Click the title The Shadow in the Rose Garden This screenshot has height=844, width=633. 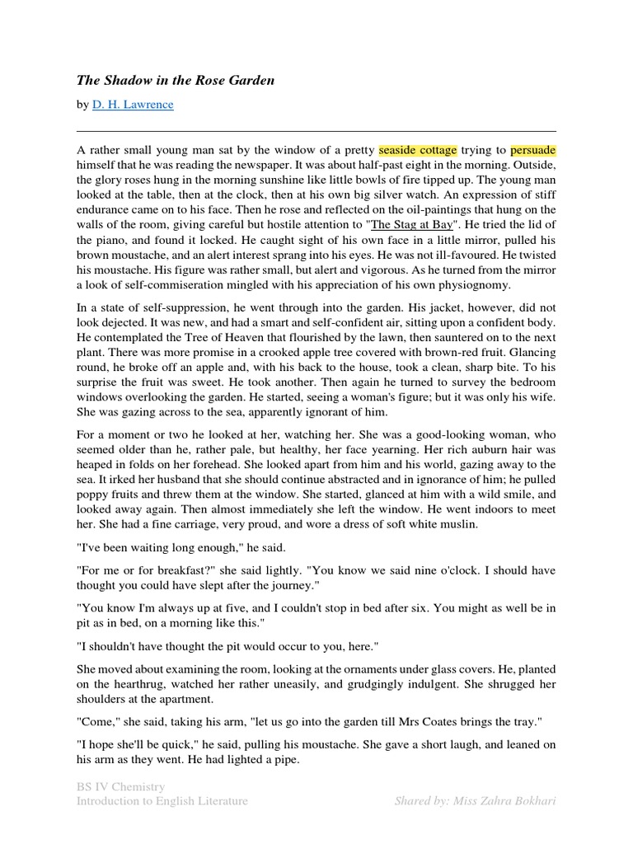point(176,80)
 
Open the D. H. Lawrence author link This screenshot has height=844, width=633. point(133,105)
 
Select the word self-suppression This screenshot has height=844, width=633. point(170,308)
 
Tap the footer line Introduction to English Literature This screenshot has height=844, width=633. point(162,800)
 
